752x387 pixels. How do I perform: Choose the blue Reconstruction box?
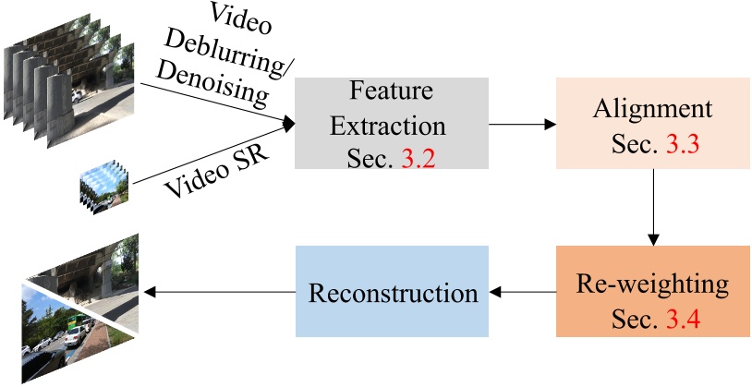(x=393, y=292)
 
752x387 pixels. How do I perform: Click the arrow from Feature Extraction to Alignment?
(x=521, y=123)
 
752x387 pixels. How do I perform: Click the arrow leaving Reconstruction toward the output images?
(x=218, y=292)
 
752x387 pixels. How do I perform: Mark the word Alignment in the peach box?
(x=652, y=108)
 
